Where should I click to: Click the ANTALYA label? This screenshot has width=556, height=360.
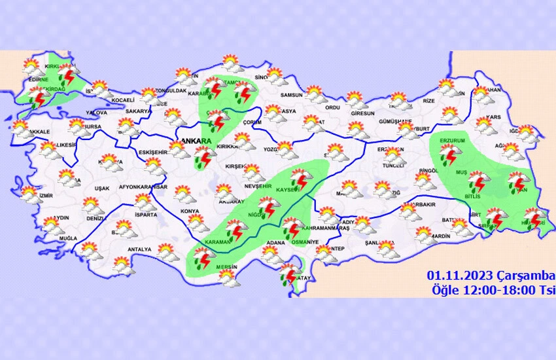tap(139, 249)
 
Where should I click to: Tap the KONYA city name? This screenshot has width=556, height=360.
tap(190, 211)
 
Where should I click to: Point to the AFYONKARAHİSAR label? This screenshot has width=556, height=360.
tap(143, 187)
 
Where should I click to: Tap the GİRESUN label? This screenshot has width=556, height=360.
tap(362, 113)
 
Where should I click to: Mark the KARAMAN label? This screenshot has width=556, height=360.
tap(218, 242)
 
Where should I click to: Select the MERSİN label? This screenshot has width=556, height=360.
tap(226, 267)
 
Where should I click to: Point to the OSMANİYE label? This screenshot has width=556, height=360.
tap(304, 242)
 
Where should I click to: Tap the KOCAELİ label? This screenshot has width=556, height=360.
tap(122, 100)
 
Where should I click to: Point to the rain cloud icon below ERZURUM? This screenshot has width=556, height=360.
tap(449, 156)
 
